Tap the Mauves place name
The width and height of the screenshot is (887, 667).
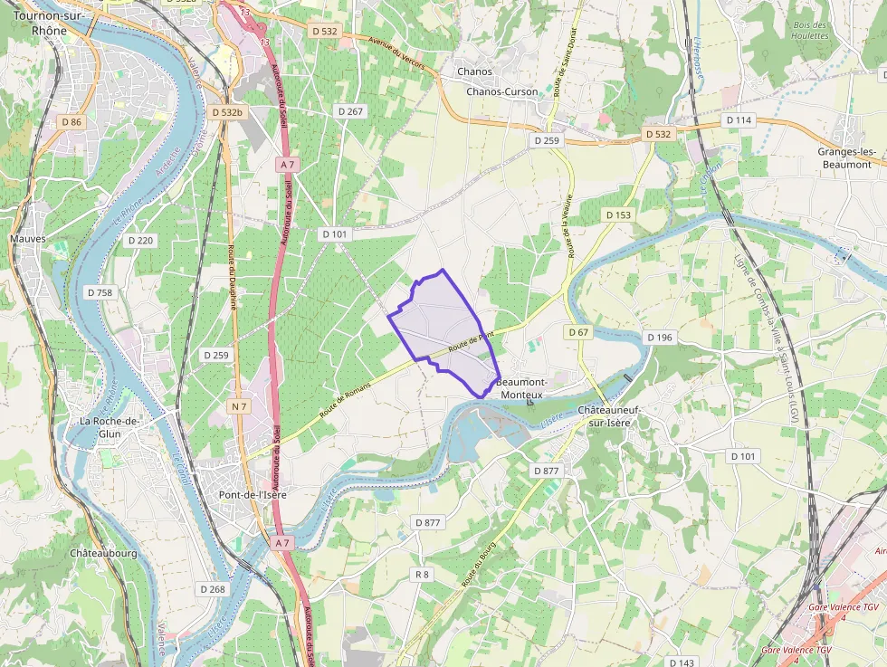tap(27, 239)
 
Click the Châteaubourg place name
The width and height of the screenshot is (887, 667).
tap(103, 552)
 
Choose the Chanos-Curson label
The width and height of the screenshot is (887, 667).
tap(501, 91)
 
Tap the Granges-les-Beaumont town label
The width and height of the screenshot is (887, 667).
tap(844, 157)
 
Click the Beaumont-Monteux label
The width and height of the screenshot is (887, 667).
tap(521, 388)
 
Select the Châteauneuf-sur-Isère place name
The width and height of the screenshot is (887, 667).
tap(608, 416)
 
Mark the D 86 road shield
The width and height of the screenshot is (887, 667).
tap(71, 121)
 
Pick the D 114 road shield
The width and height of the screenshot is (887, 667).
tap(739, 120)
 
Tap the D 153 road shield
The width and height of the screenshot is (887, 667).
tap(618, 214)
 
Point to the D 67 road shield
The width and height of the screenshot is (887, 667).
tap(578, 332)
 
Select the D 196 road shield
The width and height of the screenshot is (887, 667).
tap(660, 337)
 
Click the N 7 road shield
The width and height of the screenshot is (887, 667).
tap(239, 406)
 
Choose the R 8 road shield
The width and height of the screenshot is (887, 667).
tap(422, 574)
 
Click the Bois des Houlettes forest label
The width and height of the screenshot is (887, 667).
tap(809, 30)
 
